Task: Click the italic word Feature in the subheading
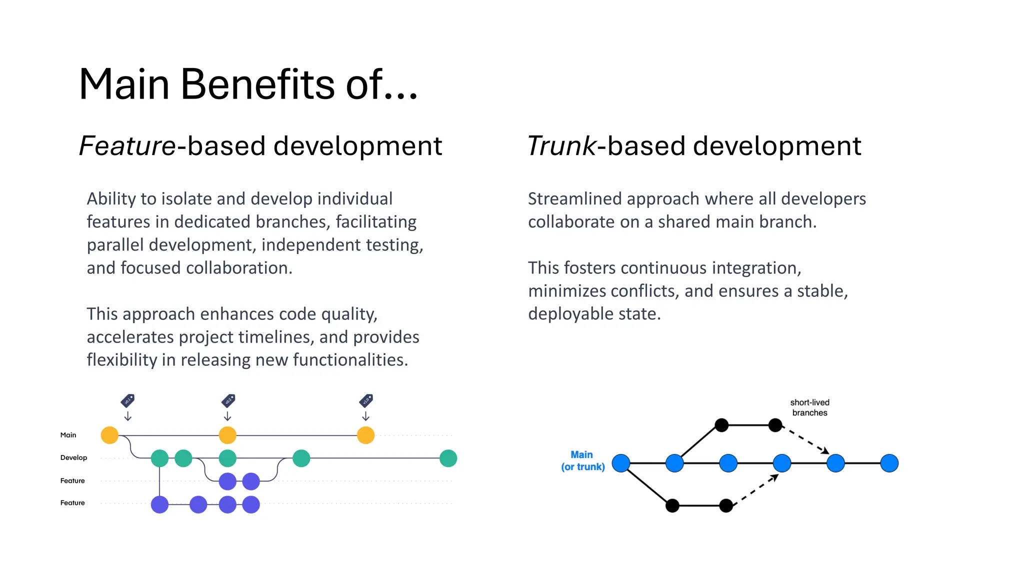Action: tap(127, 146)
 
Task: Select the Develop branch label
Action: tap(73, 457)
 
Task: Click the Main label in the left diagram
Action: tap(68, 435)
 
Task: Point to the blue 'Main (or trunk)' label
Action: tap(582, 460)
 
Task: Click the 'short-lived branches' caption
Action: tap(809, 407)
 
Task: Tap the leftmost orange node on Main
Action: tap(109, 435)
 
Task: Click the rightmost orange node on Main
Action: tap(365, 435)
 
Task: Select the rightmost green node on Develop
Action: tap(448, 458)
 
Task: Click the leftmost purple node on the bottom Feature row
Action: tap(159, 504)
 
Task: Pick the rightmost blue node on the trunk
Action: tap(889, 463)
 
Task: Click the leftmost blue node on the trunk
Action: tap(620, 463)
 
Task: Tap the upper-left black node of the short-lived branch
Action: tap(721, 425)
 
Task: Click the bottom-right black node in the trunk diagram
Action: tap(726, 505)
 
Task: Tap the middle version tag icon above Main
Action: tap(228, 400)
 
